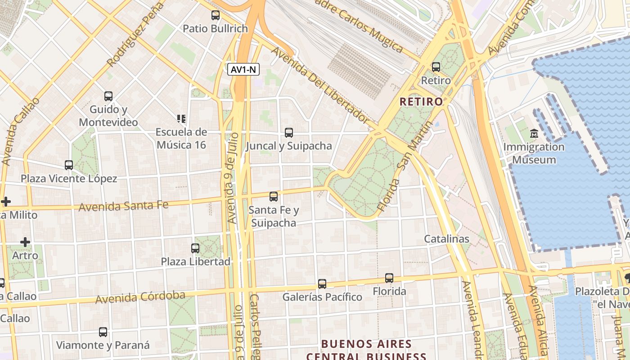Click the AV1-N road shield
(x=244, y=69)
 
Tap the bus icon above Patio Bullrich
(x=216, y=15)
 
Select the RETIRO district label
(x=421, y=102)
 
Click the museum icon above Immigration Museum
(x=534, y=134)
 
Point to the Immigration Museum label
(x=534, y=153)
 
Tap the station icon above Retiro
(x=436, y=67)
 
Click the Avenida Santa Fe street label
(x=123, y=207)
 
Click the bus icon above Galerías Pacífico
(x=322, y=283)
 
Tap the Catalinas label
(x=446, y=239)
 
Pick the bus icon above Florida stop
(x=389, y=278)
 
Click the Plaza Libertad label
(x=196, y=261)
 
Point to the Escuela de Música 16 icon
(x=181, y=119)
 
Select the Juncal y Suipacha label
(x=289, y=146)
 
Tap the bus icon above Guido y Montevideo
(x=108, y=96)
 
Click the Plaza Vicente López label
(x=69, y=179)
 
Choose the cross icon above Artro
(x=25, y=242)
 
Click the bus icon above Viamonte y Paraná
(x=103, y=332)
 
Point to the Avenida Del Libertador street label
(x=320, y=85)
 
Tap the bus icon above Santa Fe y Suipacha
(x=273, y=197)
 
